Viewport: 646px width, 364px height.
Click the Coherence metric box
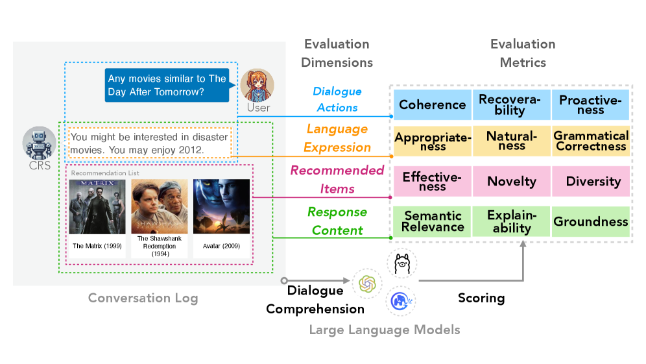[x=432, y=104]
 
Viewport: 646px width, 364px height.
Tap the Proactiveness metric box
[x=590, y=104]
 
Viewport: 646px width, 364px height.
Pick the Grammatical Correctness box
[x=590, y=141]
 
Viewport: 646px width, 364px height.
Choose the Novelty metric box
[x=511, y=181]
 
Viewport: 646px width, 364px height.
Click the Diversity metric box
[x=590, y=181]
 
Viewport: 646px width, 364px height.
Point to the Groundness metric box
[x=590, y=221]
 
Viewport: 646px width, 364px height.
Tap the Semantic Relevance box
[x=432, y=221]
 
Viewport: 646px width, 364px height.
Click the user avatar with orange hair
[x=257, y=85]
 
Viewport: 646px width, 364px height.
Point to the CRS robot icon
[x=39, y=143]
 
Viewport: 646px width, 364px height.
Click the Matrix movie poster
[x=97, y=206]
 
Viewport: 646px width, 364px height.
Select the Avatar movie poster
[x=221, y=206]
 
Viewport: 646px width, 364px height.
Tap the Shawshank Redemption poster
[x=160, y=206]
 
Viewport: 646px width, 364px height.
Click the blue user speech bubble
[x=167, y=85]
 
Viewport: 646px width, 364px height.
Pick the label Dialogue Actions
[x=337, y=99]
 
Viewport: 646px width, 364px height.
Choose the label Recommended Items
[x=337, y=179]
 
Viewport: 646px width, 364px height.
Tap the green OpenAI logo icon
[x=367, y=284]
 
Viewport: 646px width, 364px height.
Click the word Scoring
[x=481, y=298]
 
